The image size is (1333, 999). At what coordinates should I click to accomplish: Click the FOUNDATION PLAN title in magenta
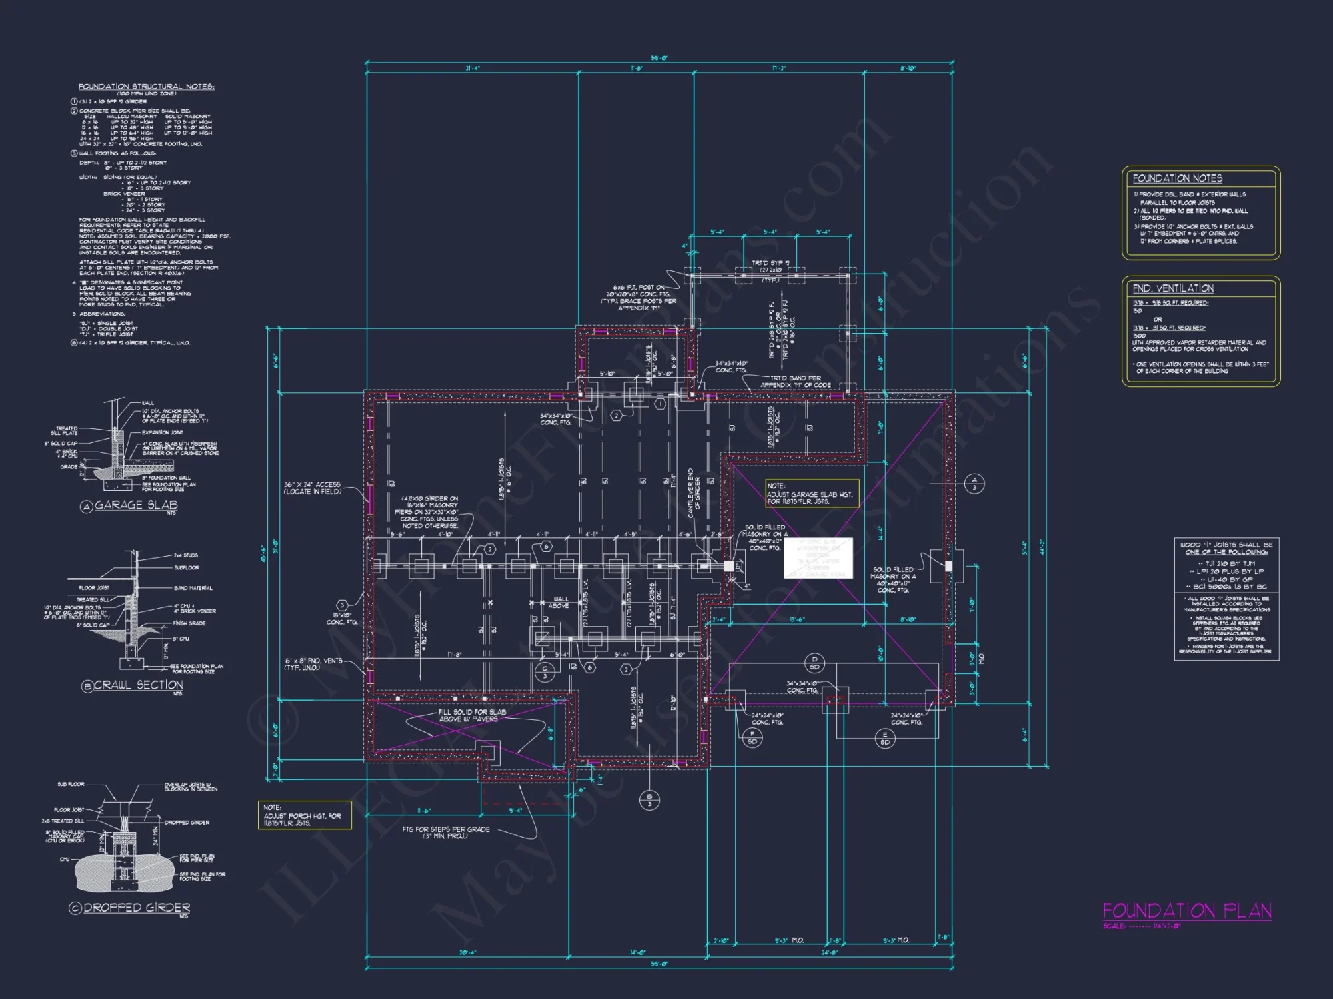(1186, 910)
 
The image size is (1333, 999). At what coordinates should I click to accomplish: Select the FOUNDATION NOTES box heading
(1177, 178)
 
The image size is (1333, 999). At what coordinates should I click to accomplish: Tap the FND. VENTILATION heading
(1172, 288)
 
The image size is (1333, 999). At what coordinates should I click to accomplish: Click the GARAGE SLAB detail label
(135, 505)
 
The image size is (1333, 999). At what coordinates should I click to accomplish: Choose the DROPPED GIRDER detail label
(137, 908)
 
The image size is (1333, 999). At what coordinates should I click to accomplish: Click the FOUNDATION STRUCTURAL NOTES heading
(146, 87)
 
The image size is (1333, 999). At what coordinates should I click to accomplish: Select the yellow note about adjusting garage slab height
(811, 494)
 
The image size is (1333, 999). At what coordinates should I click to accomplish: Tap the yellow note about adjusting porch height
(304, 815)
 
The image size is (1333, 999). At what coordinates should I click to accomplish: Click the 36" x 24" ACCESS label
(312, 488)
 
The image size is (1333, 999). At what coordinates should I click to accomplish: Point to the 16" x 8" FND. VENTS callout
(313, 663)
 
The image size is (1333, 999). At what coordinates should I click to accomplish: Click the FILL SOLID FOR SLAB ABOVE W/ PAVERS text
(471, 715)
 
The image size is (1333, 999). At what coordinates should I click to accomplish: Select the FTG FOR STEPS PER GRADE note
(445, 832)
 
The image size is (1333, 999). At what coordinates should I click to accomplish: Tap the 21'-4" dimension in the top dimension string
(472, 69)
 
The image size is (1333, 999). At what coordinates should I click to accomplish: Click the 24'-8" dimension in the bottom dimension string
(828, 953)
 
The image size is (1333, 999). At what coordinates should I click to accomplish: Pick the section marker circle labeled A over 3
(974, 484)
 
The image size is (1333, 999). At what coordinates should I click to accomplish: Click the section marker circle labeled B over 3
(649, 800)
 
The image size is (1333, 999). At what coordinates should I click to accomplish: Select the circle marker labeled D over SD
(814, 663)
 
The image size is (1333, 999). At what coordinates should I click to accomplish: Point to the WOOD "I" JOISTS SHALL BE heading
(1226, 548)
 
